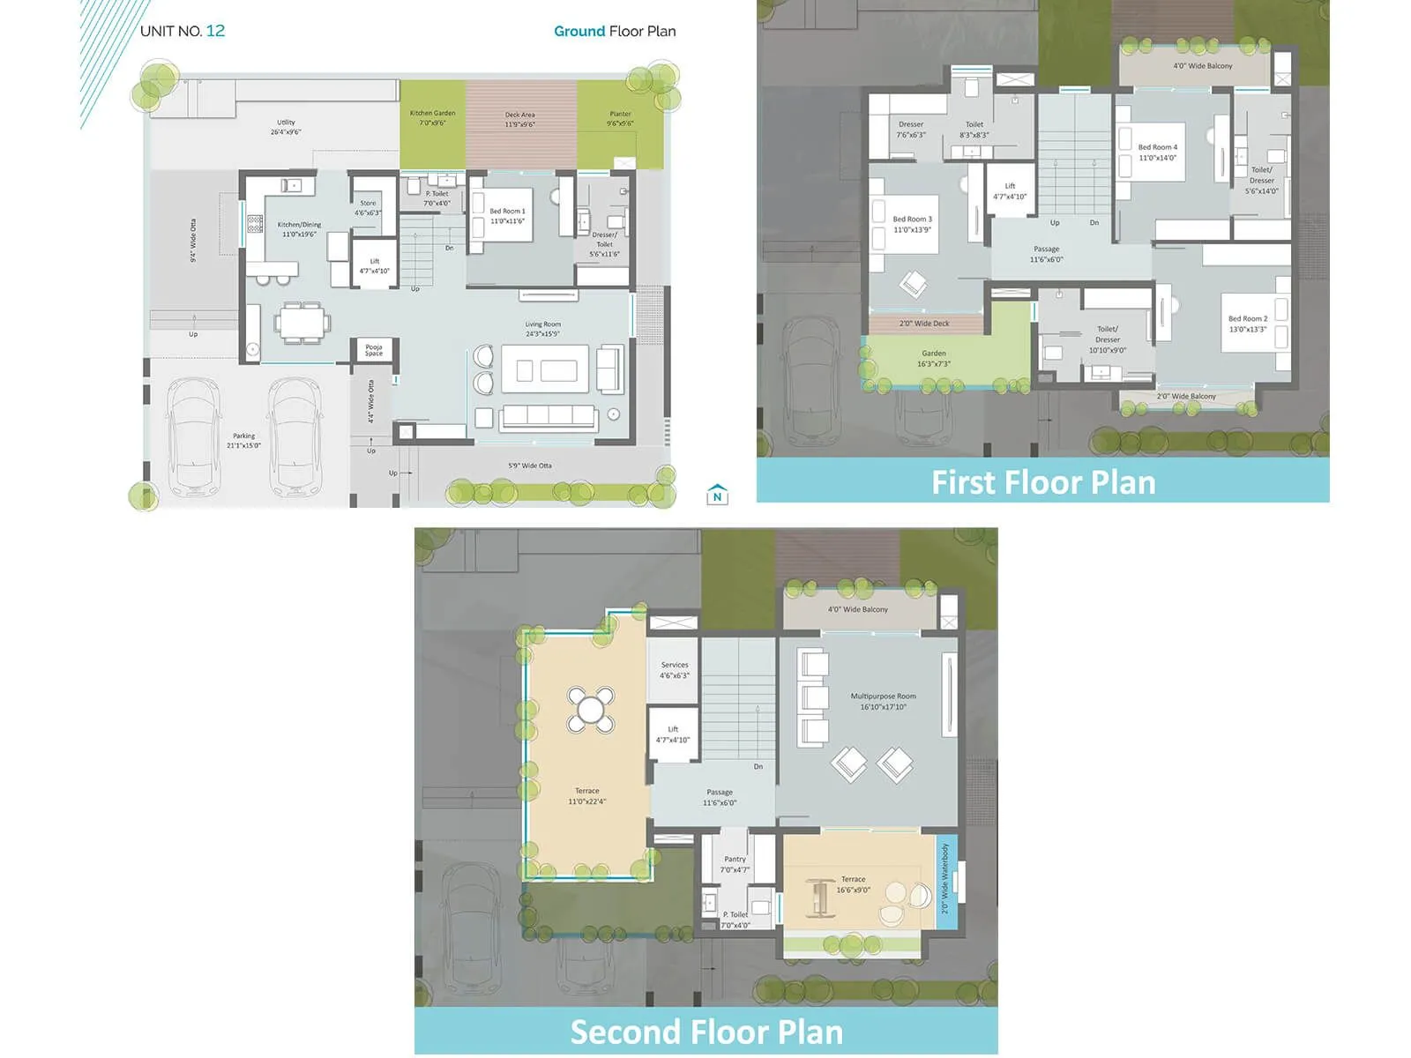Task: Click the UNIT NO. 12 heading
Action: pos(183,31)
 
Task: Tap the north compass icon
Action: pos(717,495)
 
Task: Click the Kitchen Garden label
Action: pos(432,117)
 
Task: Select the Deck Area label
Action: pos(520,119)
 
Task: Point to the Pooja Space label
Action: pos(374,350)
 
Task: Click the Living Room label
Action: pos(543,329)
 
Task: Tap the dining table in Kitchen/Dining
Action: pos(302,322)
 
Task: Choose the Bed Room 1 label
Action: pos(507,216)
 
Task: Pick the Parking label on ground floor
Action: pos(243,440)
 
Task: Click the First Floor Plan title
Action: pos(1043,482)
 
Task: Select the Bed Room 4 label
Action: pos(1157,153)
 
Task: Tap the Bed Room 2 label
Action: pos(1248,324)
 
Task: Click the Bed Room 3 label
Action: pos(912,224)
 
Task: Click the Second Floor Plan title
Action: pos(706,1032)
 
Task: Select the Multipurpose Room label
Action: pos(883,701)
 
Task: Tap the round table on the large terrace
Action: pos(591,710)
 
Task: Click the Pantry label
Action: pos(735,864)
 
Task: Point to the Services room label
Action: pos(675,670)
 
